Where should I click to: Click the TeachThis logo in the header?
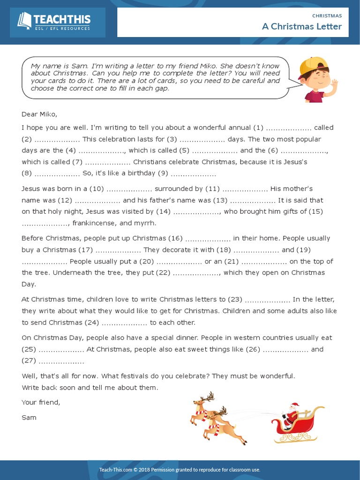click(54, 22)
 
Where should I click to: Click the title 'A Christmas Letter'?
click(302, 26)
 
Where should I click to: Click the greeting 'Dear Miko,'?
click(39, 114)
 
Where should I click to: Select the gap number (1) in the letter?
click(258, 127)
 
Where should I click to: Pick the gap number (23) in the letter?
click(235, 299)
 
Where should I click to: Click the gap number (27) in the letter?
click(29, 360)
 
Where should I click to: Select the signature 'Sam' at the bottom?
click(29, 417)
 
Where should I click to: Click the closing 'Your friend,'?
click(41, 402)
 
